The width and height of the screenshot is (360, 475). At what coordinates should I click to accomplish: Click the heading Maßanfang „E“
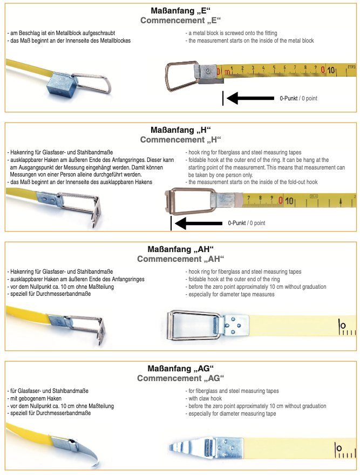[181, 11]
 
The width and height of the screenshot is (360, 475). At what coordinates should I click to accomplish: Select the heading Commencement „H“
[181, 140]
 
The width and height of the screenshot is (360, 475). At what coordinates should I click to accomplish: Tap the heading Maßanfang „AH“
[181, 249]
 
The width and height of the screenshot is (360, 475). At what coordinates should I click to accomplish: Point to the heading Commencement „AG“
[181, 378]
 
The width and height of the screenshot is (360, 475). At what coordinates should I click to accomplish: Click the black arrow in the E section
[250, 98]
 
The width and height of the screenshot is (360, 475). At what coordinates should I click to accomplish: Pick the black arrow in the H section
[199, 223]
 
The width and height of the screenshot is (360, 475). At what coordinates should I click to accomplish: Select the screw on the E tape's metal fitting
[208, 70]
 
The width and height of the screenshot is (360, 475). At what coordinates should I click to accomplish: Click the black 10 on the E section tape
[331, 70]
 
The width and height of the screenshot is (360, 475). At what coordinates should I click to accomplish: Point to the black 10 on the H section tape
[289, 201]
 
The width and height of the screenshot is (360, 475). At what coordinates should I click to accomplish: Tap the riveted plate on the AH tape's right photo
[236, 325]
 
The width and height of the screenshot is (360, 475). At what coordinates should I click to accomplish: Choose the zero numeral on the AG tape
[339, 448]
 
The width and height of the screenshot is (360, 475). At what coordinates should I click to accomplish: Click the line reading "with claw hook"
[205, 398]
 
